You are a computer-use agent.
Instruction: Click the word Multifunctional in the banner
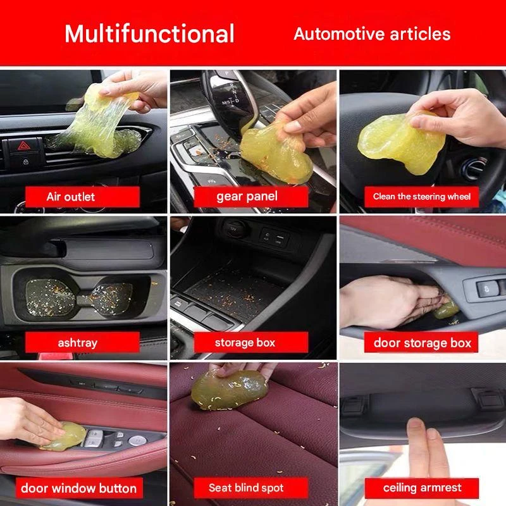(149, 34)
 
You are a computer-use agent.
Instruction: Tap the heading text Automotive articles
(372, 34)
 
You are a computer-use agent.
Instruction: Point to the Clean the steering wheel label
(421, 197)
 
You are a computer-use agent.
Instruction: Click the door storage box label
(421, 342)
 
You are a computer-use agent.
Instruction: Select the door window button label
(79, 488)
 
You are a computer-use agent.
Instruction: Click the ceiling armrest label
(422, 488)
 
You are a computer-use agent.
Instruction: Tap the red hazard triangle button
(23, 146)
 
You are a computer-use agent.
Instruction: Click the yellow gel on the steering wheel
(401, 141)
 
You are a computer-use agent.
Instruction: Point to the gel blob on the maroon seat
(230, 390)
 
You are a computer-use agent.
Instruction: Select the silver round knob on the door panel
(137, 440)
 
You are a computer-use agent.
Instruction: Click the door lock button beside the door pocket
(487, 288)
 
